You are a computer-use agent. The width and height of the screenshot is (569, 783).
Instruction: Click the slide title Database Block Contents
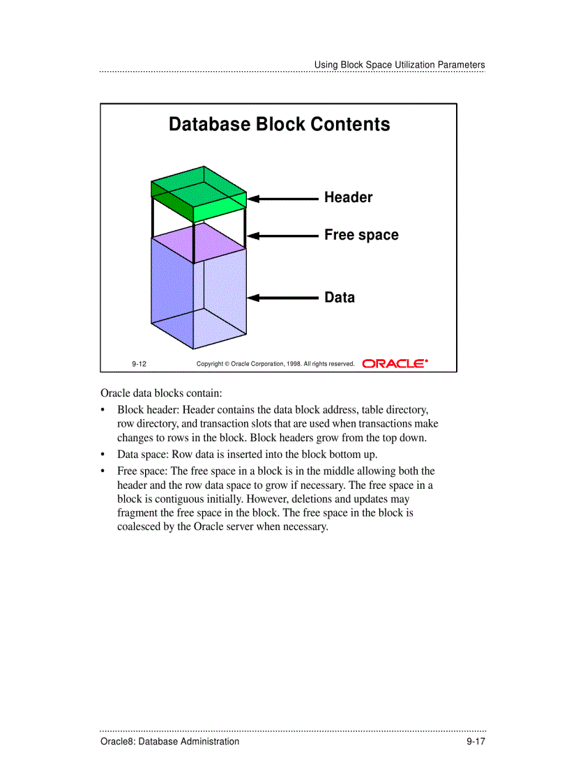click(279, 125)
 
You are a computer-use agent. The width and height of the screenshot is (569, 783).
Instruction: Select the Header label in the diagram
click(348, 198)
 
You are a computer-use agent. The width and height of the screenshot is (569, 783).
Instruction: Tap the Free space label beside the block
click(361, 236)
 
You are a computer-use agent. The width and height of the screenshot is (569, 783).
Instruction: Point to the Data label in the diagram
click(339, 298)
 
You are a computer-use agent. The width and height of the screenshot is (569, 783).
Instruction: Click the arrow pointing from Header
click(284, 199)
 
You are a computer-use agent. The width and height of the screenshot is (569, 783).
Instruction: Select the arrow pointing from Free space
click(284, 236)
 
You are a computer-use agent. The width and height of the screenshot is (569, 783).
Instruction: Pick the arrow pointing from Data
click(284, 298)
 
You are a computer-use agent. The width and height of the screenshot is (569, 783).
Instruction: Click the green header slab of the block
click(199, 193)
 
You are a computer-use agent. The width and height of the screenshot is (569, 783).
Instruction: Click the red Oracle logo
click(395, 363)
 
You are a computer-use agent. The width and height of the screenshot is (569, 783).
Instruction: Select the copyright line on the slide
click(275, 364)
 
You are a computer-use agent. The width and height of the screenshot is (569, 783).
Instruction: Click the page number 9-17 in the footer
click(476, 742)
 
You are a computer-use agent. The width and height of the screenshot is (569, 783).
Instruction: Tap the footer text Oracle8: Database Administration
click(169, 742)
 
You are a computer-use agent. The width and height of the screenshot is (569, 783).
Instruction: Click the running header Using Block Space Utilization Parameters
click(399, 65)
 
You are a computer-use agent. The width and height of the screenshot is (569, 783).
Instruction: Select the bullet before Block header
click(103, 410)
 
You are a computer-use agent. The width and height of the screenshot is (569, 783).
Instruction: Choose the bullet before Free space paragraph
click(103, 471)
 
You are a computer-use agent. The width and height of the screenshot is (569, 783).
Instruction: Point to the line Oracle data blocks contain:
click(161, 393)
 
